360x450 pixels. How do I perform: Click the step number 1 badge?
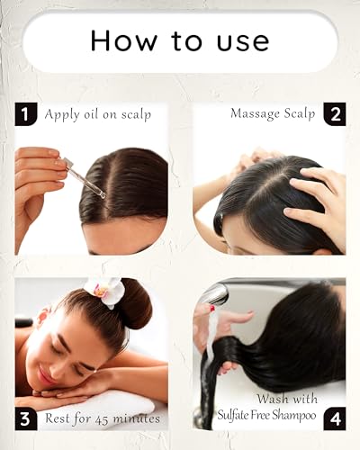pyautogui.click(x=26, y=114)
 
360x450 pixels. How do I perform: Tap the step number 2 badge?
pyautogui.click(x=335, y=114)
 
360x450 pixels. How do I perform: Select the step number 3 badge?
pyautogui.click(x=26, y=418)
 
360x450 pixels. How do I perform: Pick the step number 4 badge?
pyautogui.click(x=335, y=418)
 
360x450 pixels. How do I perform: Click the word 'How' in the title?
pyautogui.click(x=123, y=40)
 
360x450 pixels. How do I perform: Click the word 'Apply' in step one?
pyautogui.click(x=62, y=115)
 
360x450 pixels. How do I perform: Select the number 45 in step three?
pyautogui.click(x=102, y=419)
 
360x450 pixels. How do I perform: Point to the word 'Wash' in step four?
pyautogui.click(x=273, y=399)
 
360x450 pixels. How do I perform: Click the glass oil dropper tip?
pyautogui.click(x=102, y=195)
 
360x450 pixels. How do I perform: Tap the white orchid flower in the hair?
pyautogui.click(x=105, y=292)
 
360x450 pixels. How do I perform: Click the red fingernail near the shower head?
pyautogui.click(x=212, y=308)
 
